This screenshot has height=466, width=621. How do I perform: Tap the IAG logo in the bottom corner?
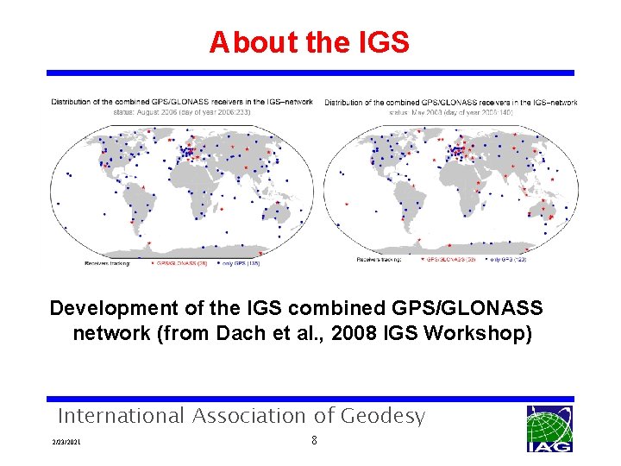click(x=549, y=429)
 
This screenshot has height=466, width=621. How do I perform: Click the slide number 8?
click(x=314, y=441)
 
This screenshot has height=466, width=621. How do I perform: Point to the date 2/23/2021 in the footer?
click(x=66, y=443)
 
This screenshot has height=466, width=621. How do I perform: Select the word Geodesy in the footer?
click(x=383, y=416)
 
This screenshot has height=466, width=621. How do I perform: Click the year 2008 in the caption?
click(x=371, y=332)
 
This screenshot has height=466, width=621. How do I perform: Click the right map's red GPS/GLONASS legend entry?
click(x=450, y=258)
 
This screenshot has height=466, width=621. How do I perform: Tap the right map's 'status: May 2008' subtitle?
click(x=451, y=112)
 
